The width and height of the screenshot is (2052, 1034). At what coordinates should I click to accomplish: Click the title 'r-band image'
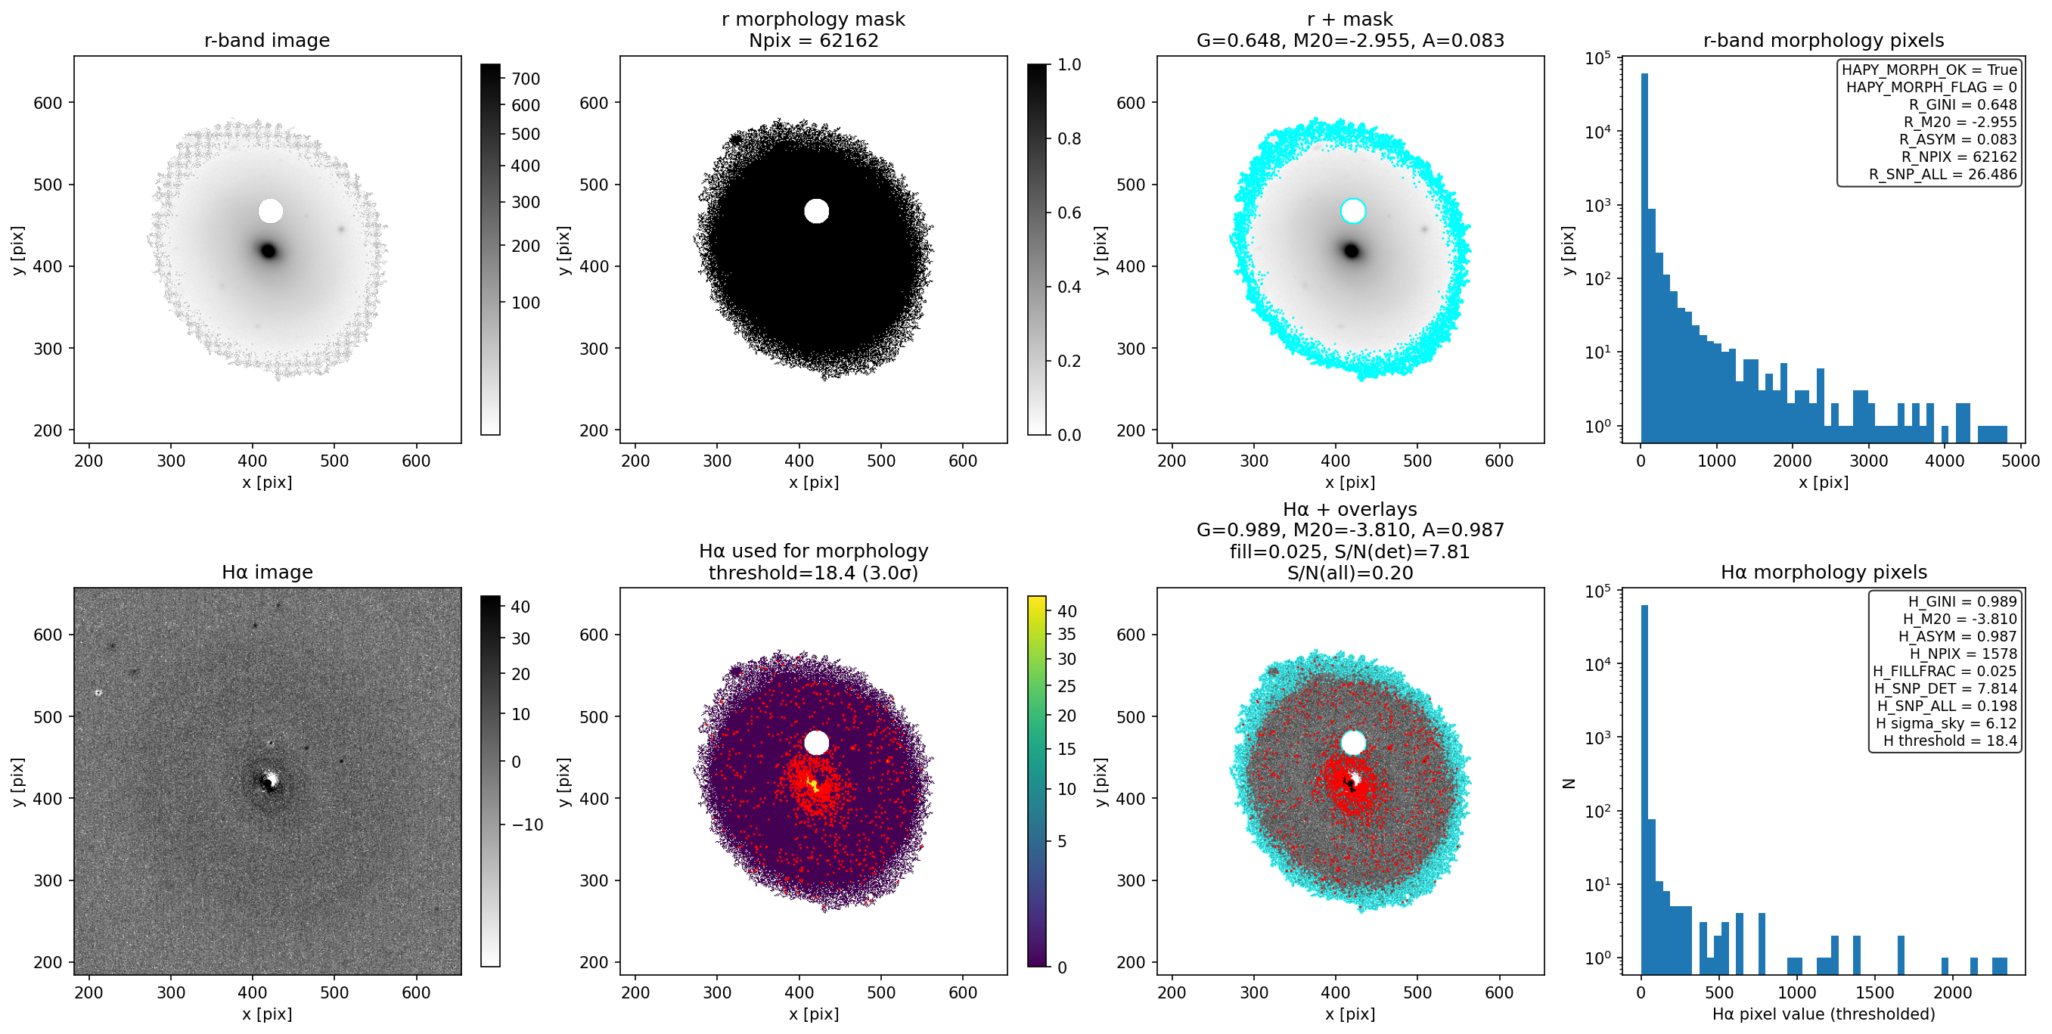click(267, 40)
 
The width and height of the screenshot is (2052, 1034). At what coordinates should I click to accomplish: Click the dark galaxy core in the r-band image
click(269, 251)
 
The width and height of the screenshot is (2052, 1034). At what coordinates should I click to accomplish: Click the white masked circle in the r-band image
click(271, 211)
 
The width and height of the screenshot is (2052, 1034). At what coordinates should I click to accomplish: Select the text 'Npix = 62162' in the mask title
click(813, 40)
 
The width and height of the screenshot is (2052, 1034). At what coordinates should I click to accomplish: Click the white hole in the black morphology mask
click(817, 211)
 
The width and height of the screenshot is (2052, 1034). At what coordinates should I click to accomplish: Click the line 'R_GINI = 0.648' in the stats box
click(1963, 104)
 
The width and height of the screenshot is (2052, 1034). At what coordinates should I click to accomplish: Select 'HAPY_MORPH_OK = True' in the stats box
click(1929, 70)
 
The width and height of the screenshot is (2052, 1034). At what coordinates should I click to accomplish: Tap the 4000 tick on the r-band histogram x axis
click(1945, 461)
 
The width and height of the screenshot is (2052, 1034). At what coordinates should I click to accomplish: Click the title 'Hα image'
click(267, 572)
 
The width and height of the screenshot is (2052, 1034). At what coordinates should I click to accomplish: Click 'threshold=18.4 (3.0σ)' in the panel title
click(813, 573)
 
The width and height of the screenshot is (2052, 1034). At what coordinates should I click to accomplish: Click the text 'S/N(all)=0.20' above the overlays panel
click(1350, 573)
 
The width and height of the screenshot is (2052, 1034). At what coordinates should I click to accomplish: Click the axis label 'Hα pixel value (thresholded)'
click(1824, 1014)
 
